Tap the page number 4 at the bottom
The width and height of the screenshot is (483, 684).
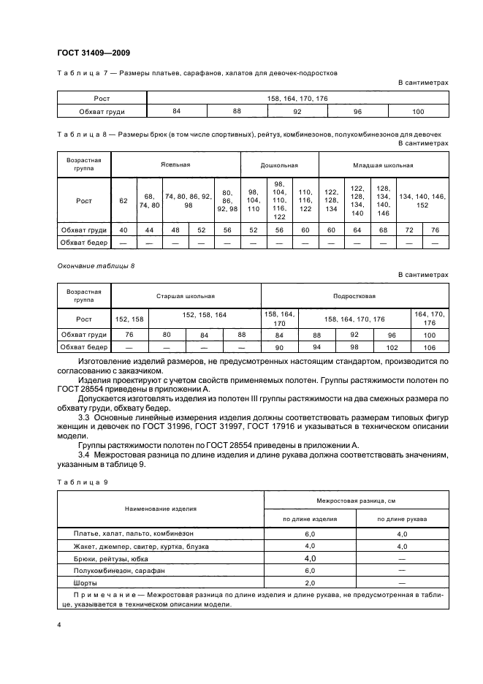(x=58, y=626)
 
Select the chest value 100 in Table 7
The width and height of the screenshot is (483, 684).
(x=418, y=111)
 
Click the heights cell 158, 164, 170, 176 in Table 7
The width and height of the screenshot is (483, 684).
(x=297, y=98)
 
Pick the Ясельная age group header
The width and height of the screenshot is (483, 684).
(x=175, y=164)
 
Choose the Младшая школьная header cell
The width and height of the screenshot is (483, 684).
(x=384, y=164)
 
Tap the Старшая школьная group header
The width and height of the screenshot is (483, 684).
(x=186, y=296)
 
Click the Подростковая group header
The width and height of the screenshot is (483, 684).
(x=354, y=296)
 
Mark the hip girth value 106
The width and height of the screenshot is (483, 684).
(x=429, y=348)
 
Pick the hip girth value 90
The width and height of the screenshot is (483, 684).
(x=279, y=348)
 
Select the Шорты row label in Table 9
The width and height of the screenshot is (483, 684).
(x=75, y=582)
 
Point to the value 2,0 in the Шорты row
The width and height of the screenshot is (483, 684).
(x=309, y=582)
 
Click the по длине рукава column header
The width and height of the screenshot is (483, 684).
(x=402, y=520)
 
